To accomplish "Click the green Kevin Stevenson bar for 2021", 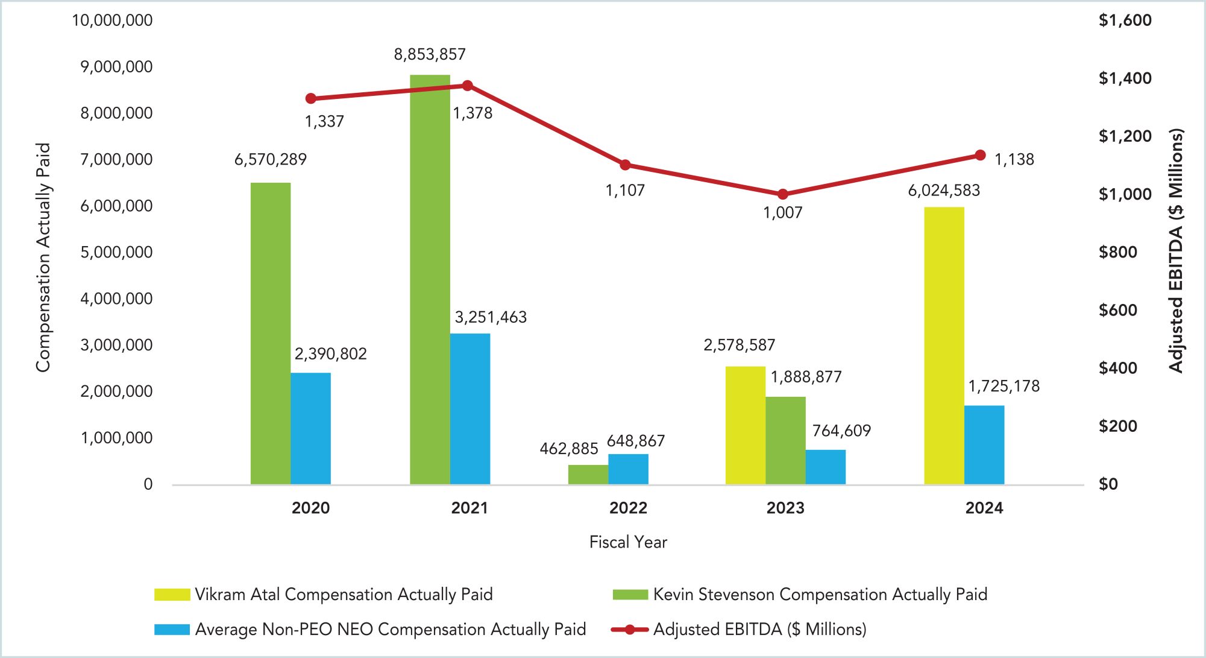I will pos(430,279).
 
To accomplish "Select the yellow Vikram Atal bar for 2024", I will pos(944,346).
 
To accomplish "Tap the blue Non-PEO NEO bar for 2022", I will pos(628,469).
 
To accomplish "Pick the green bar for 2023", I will pos(785,440).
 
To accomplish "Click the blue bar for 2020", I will pos(310,428).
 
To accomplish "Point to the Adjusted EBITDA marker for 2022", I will pos(625,165).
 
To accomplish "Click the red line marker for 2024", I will pos(980,156).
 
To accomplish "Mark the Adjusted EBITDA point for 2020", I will pos(311,98).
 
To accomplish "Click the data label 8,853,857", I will pos(430,54).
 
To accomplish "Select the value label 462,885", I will pos(568,449).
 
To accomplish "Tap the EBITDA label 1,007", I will pos(782,212).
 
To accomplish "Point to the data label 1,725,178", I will pos(1003,386).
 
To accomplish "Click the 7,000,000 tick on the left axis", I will pos(116,159).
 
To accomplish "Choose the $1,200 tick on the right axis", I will pos(1125,136).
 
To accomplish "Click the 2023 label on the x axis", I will pos(785,508).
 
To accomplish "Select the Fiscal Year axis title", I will pos(628,542).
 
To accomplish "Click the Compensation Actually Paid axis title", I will pos(43,258).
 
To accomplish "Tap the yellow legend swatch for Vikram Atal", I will pos(172,595).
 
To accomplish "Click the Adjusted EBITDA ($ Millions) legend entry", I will pos(759,630).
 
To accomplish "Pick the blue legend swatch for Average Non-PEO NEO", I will pos(172,630).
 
